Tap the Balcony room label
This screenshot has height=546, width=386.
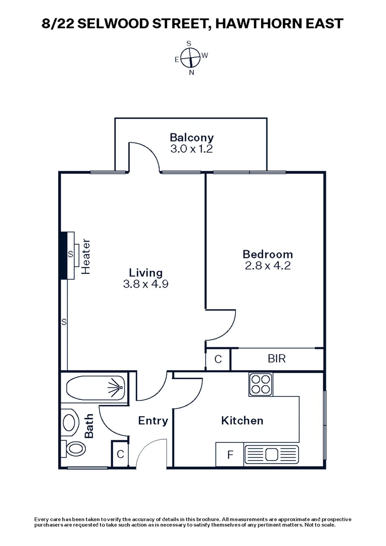coord(191,137)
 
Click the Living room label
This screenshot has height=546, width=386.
coord(145,272)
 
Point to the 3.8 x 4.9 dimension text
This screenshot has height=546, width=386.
coord(145,284)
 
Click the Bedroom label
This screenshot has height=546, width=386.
coord(267,254)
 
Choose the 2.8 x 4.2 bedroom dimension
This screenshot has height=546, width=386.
coord(267,266)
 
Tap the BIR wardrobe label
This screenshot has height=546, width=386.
coord(276,359)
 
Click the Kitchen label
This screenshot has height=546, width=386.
coord(242,421)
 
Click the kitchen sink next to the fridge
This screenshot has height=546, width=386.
coord(272,454)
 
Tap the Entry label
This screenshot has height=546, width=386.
coord(153,421)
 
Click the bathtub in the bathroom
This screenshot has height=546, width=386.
coord(96,390)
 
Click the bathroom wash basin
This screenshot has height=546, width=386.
coord(69,422)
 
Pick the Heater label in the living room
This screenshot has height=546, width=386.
coord(85,256)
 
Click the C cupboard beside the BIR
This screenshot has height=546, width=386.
coord(218,359)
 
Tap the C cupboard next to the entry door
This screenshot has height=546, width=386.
coord(120,454)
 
